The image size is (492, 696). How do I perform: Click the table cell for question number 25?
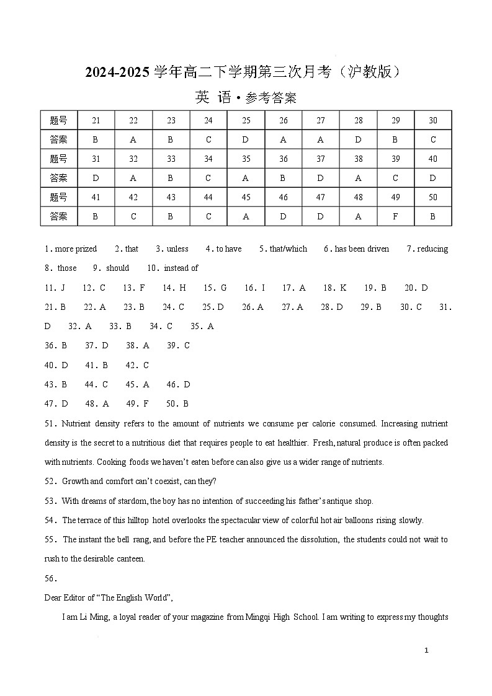[x=246, y=120]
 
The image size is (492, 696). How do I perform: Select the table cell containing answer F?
[x=395, y=216]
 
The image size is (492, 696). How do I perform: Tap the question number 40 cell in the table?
[x=432, y=159]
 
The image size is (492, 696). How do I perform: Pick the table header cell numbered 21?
[x=96, y=120]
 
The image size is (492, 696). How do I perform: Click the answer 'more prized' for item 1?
[x=76, y=249]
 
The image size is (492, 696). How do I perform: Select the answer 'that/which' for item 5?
[x=288, y=249]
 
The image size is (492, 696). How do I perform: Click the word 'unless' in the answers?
[x=177, y=249]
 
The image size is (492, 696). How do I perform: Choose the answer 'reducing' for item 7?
[x=432, y=249]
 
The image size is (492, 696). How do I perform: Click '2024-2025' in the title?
[x=118, y=73]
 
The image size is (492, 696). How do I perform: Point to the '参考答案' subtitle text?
[x=271, y=98]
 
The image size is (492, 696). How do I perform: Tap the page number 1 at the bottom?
[x=426, y=650]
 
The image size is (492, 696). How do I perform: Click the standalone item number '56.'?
[x=51, y=578]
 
